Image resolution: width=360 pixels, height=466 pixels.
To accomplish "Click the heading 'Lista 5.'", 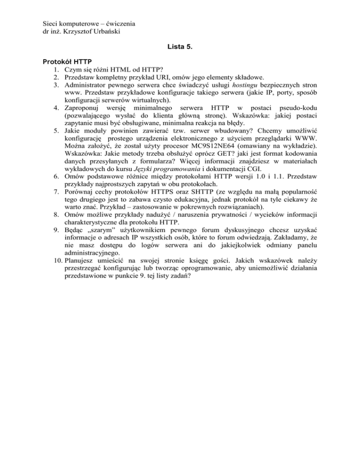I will click(x=180, y=47).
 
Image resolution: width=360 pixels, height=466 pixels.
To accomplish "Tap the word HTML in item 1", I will click(x=113, y=70).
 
